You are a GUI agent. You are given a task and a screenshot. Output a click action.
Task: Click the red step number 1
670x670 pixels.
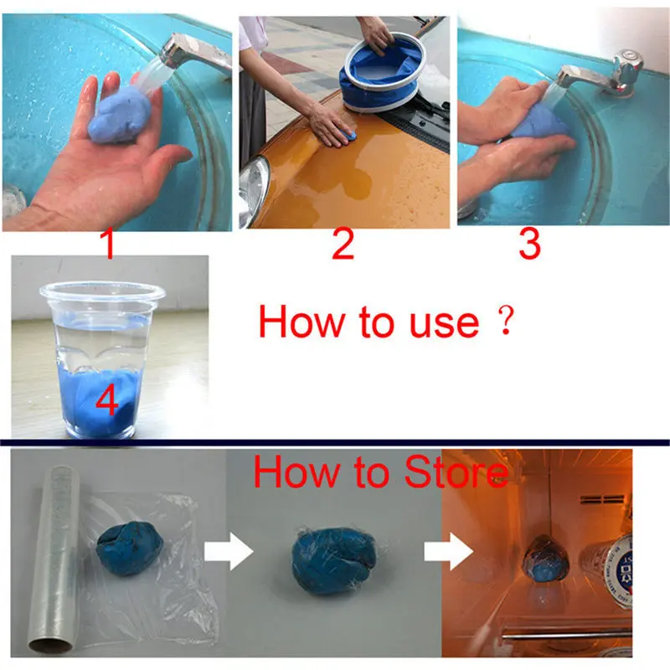click(109, 244)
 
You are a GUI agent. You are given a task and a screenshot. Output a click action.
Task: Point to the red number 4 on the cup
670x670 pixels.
click(107, 401)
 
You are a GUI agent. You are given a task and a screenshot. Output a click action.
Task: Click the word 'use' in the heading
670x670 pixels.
click(445, 324)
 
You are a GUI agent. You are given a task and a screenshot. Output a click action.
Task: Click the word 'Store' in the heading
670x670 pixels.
click(456, 472)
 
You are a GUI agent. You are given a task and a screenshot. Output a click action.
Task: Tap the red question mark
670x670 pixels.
click(506, 321)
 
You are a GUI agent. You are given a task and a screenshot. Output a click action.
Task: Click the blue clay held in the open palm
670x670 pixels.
click(119, 117)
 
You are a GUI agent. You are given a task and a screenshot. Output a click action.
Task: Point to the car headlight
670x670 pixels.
click(254, 191)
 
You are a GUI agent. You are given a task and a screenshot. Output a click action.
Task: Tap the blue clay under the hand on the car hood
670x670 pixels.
click(349, 137)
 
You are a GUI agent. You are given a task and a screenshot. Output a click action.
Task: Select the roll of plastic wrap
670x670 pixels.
click(55, 559)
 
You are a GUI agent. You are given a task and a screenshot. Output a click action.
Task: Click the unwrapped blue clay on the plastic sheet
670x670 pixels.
click(129, 547)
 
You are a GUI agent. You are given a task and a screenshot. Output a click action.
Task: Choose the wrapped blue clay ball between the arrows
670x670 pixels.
click(334, 560)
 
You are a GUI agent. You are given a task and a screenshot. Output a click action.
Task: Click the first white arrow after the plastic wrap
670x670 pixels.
click(229, 551)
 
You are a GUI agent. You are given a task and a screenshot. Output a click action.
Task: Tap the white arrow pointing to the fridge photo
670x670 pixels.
click(448, 551)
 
